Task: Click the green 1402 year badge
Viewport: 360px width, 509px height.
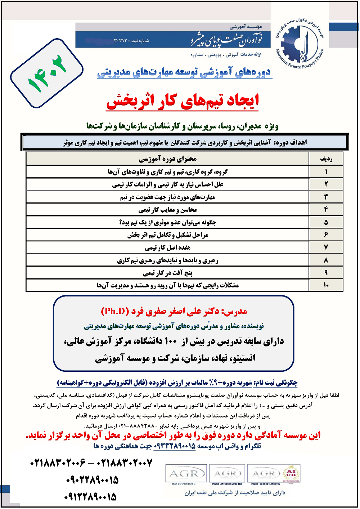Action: [x=47, y=73]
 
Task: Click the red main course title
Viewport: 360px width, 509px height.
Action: [x=183, y=101]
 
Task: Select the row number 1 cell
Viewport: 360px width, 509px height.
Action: [x=326, y=171]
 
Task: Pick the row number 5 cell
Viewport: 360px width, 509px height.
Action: [x=326, y=222]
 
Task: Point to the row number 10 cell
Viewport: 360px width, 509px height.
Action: [x=326, y=285]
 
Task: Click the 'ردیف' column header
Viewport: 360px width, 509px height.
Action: [x=326, y=159]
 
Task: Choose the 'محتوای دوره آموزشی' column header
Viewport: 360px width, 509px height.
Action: [x=168, y=159]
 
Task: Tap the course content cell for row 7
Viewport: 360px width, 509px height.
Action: [x=168, y=247]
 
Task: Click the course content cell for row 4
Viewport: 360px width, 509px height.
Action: [x=168, y=210]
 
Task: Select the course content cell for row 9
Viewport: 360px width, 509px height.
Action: [x=168, y=273]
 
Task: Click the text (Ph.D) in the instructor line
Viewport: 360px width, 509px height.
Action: [x=115, y=311]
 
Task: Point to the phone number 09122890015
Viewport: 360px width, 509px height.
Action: [x=91, y=497]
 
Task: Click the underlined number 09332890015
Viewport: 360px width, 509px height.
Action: [x=175, y=446]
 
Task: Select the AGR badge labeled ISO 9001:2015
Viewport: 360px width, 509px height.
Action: [x=266, y=474]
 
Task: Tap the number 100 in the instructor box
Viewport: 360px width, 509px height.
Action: [x=171, y=341]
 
